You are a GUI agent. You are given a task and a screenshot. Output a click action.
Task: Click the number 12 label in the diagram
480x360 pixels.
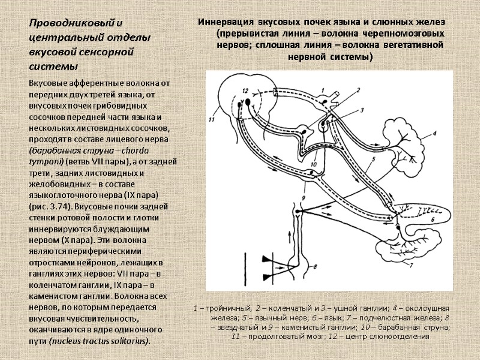pos(244,91)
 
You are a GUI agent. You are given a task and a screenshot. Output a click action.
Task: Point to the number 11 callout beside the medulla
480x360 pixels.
pos(211,120)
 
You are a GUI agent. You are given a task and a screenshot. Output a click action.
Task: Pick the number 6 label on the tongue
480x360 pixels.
pos(433,220)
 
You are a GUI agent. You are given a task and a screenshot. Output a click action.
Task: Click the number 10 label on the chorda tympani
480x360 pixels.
pos(313,164)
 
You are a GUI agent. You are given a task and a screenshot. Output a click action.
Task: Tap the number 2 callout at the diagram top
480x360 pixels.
pos(358,89)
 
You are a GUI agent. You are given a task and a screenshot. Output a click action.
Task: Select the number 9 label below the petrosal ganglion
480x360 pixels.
pos(304,197)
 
